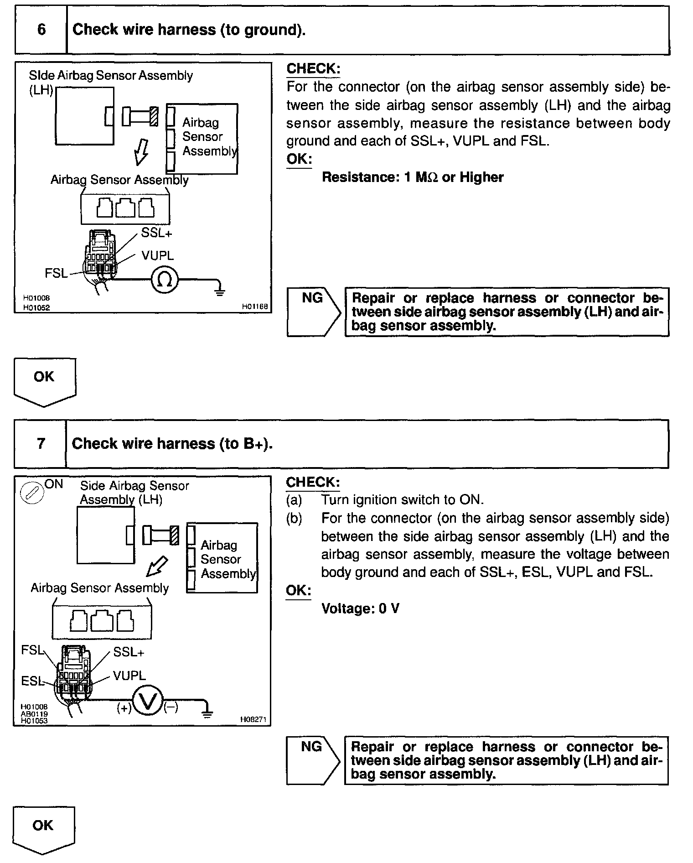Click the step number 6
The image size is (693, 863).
(41, 30)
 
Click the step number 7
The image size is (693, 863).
(41, 444)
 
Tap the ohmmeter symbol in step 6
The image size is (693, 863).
(164, 280)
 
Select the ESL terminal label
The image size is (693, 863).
(32, 681)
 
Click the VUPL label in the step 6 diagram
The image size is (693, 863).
(157, 256)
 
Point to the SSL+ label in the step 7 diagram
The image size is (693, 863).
(129, 653)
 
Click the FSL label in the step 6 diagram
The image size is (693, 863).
(56, 273)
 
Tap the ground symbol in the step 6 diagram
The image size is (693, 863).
(220, 291)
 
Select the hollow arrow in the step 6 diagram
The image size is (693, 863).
(141, 152)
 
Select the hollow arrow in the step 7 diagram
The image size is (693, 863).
(156, 567)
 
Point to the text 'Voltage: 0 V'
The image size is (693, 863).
(360, 608)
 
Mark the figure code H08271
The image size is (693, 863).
(253, 720)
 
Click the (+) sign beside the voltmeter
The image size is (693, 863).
(124, 708)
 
